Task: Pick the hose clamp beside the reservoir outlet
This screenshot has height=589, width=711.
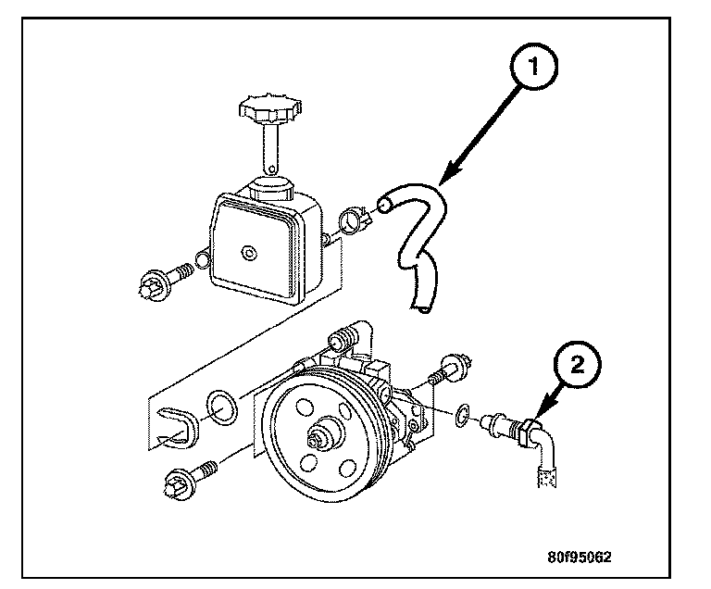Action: click(x=355, y=221)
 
